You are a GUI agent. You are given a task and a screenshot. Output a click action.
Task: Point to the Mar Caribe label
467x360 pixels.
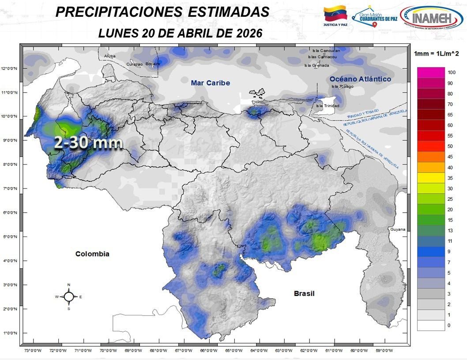pos(211,83)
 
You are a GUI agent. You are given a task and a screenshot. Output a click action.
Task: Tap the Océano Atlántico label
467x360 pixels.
pos(360,79)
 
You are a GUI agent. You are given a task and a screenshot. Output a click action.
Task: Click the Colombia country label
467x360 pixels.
pos(92,254)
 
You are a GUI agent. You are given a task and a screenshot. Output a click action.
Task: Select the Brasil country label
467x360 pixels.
pos(304,293)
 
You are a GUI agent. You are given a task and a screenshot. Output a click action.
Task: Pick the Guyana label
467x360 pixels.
pos(398,230)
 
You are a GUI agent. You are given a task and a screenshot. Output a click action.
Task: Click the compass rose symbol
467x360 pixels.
pos(68,297)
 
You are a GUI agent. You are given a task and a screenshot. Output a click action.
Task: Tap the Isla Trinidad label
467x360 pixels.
pos(328,106)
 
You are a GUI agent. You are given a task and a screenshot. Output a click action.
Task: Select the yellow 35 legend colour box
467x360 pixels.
pos(431,178)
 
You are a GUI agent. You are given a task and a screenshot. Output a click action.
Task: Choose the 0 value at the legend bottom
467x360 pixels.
pos(449,325)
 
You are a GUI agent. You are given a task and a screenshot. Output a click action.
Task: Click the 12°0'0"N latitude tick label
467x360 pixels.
pos(9,68)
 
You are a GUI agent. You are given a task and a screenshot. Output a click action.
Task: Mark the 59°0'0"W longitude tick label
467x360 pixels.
pos(385,351)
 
